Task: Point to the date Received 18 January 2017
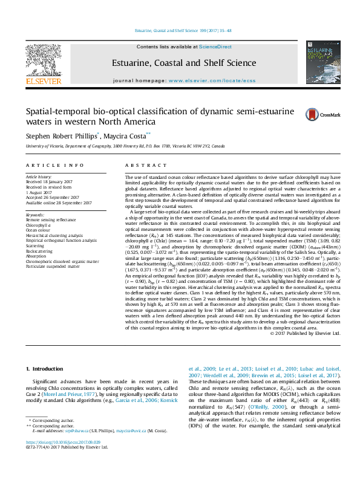(x=51, y=181)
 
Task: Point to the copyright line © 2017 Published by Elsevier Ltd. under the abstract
(x=306, y=332)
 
